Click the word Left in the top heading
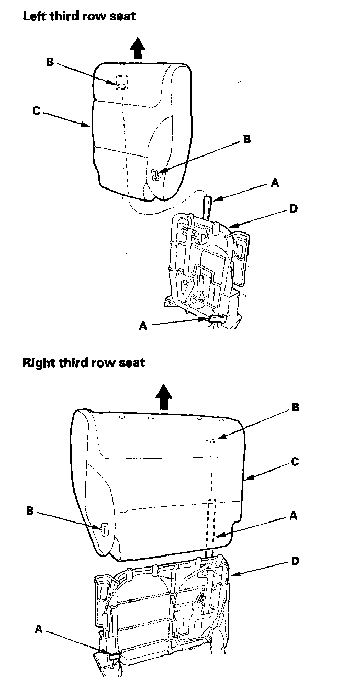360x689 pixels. [x=33, y=16]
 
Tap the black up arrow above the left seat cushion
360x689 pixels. [x=137, y=48]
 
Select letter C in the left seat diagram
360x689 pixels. [x=36, y=111]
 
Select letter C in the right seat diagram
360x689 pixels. [x=295, y=462]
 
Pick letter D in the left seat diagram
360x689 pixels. [x=294, y=209]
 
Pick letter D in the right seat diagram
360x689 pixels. [x=295, y=561]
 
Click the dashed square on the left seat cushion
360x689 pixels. [x=121, y=81]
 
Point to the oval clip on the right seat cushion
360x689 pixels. [x=105, y=530]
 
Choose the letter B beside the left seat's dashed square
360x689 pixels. [x=50, y=62]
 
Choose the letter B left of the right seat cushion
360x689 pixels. [x=30, y=510]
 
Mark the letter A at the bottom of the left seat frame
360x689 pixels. [x=143, y=326]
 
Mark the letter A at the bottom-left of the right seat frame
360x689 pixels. [x=38, y=629]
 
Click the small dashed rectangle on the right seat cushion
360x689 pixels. [x=210, y=441]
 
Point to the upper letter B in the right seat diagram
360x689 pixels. [x=295, y=407]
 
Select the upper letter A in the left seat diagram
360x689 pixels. [x=275, y=183]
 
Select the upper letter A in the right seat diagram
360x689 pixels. [x=294, y=516]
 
